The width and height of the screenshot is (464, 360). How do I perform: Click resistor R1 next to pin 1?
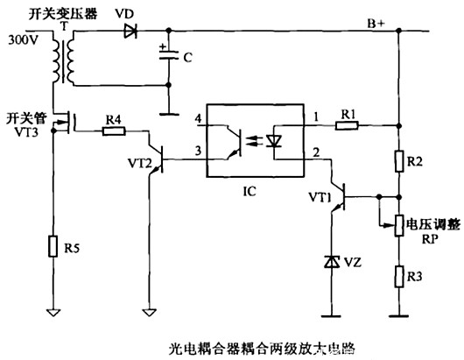click(x=348, y=125)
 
